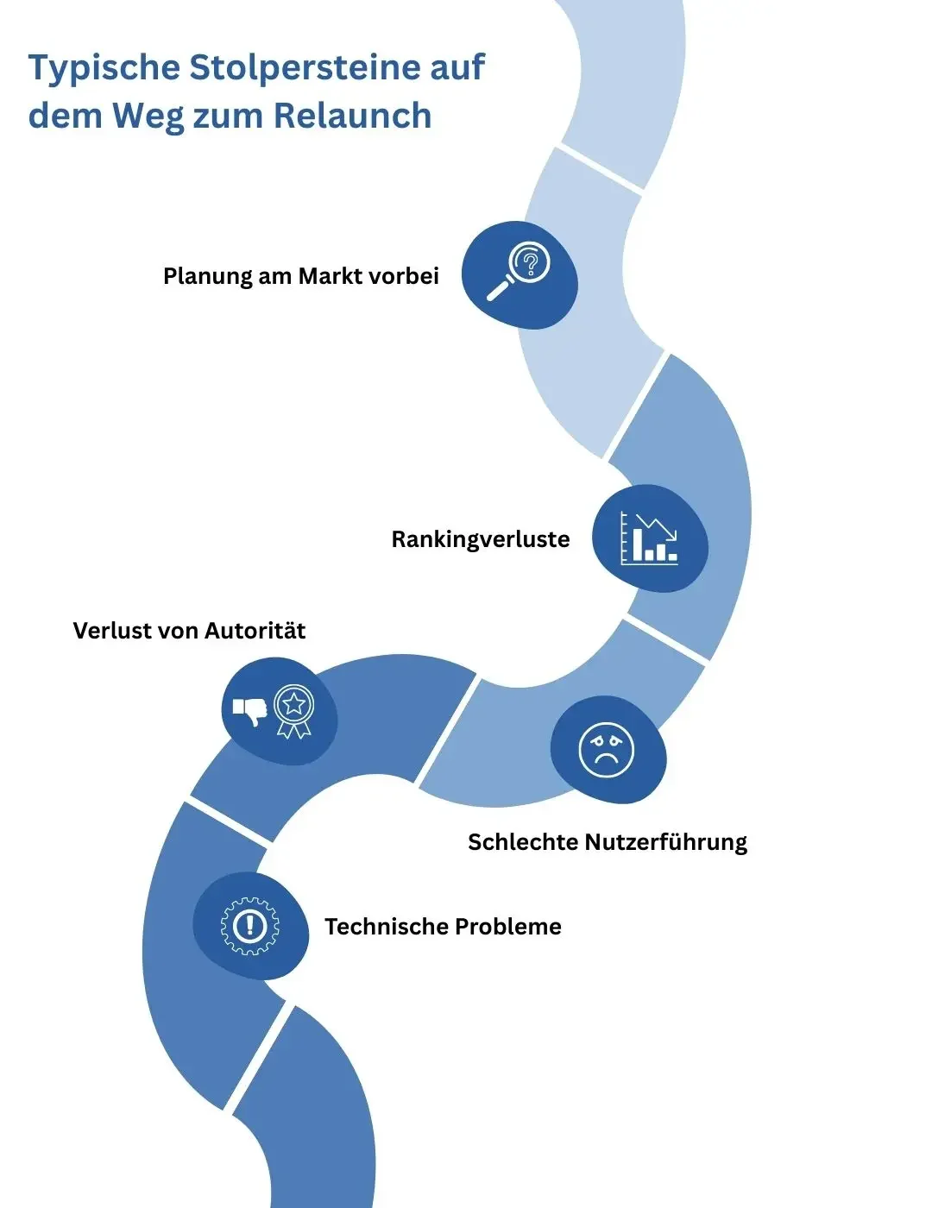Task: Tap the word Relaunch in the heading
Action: [x=353, y=116]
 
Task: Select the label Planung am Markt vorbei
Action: [x=300, y=276]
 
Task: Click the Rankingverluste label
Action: [x=480, y=540]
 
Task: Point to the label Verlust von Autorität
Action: [x=189, y=631]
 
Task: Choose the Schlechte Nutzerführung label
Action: [x=608, y=842]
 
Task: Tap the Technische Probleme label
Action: [x=443, y=927]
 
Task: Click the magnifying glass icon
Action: [x=519, y=271]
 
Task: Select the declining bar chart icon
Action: [x=649, y=538]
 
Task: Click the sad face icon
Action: [x=606, y=750]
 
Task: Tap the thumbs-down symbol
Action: [x=249, y=711]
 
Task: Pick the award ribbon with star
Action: [x=294, y=712]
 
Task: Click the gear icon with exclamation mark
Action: [x=249, y=926]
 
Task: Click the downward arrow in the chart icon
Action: [x=657, y=527]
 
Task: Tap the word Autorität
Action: [x=255, y=631]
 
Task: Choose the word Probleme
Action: [x=508, y=927]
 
